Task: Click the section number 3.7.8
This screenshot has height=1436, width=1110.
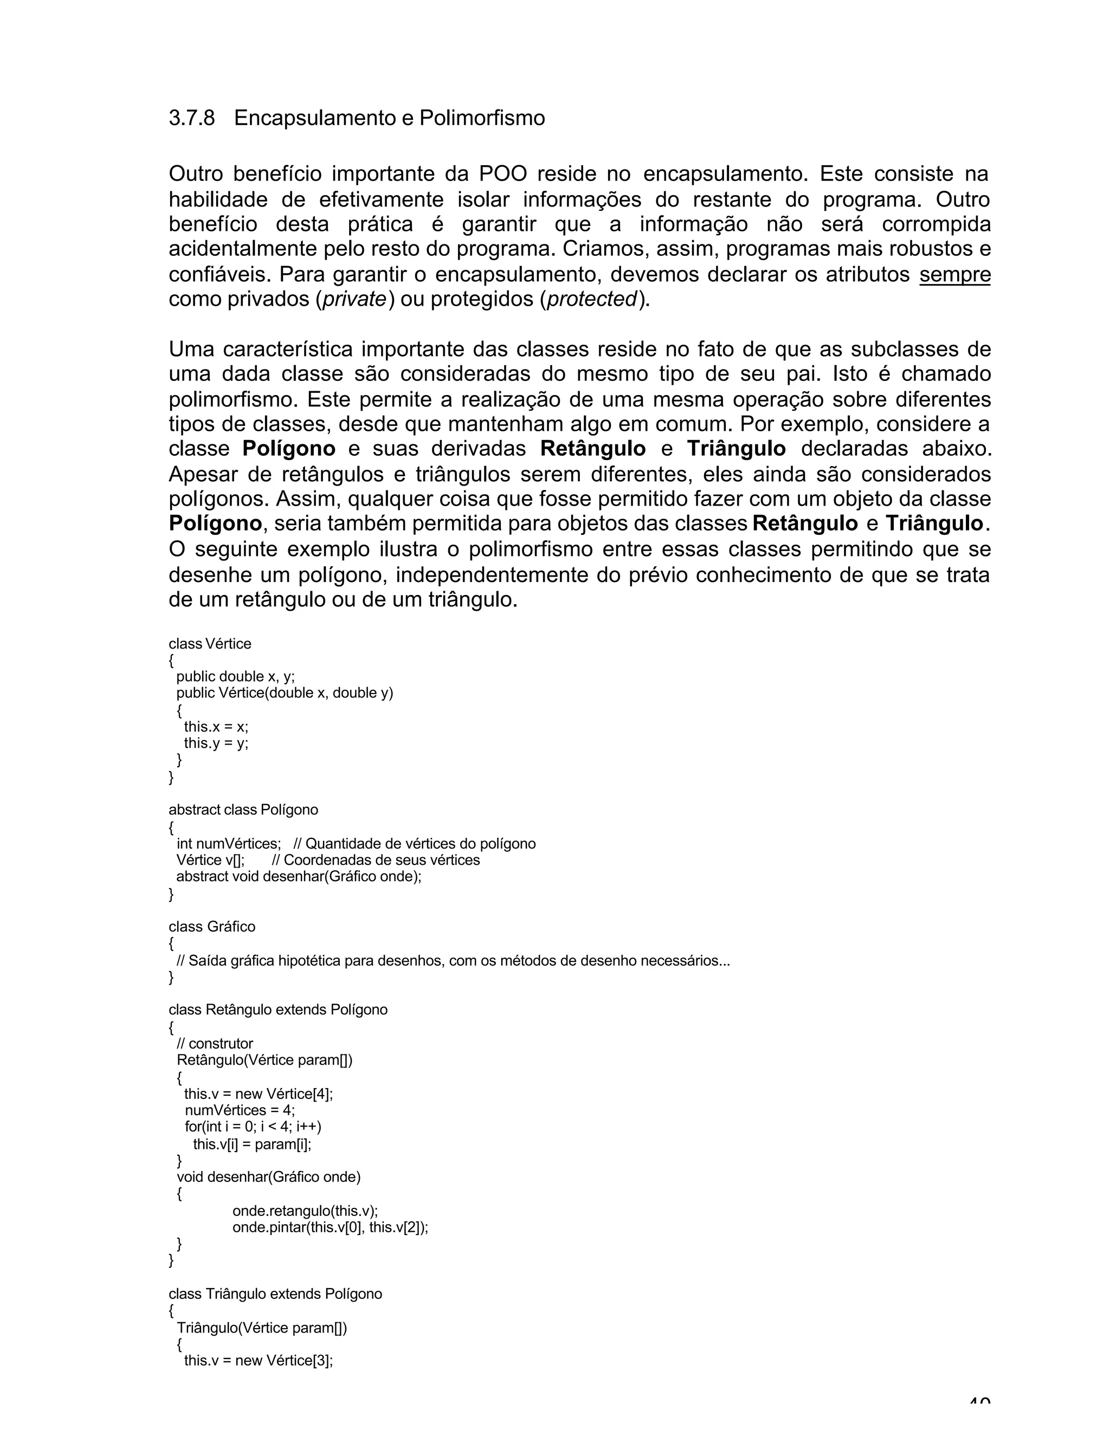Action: point(191,118)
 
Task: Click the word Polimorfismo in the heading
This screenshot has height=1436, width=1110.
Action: point(482,118)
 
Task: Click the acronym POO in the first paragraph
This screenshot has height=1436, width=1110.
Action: point(502,174)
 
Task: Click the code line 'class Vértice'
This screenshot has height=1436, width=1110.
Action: point(210,644)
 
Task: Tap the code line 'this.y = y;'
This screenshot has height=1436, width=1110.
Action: point(216,743)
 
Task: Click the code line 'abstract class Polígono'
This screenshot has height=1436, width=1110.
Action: point(243,810)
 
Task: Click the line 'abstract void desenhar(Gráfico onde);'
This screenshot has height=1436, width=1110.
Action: point(299,876)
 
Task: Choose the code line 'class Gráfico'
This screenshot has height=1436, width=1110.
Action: point(212,927)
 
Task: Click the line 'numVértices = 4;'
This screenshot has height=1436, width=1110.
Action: point(240,1110)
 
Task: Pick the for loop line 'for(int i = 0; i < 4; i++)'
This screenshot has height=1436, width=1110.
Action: point(253,1127)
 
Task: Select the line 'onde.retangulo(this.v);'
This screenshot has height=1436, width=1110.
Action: point(305,1211)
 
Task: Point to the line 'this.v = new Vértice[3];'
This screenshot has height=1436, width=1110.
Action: point(259,1360)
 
